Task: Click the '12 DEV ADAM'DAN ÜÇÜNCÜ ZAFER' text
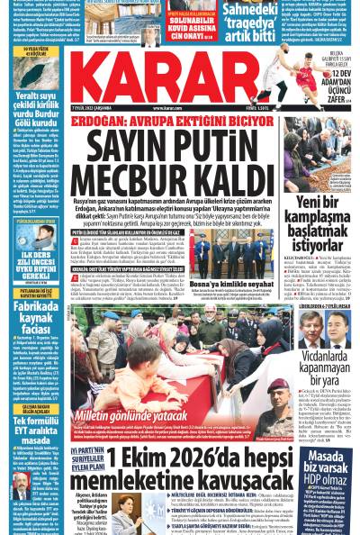(x=337, y=86)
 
